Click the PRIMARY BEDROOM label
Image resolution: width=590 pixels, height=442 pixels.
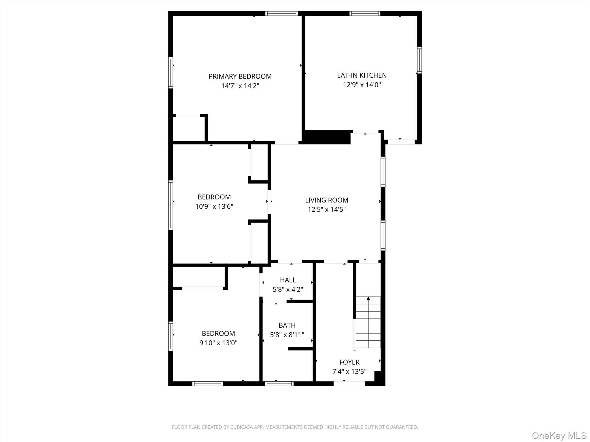[x=240, y=77]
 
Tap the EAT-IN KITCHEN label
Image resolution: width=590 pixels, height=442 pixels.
[x=362, y=75]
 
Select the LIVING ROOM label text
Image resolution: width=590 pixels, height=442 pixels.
[x=326, y=200]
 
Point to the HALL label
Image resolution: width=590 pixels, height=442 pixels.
[x=288, y=280]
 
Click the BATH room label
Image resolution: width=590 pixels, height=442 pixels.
[x=287, y=325]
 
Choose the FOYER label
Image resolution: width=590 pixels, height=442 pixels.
[x=349, y=362]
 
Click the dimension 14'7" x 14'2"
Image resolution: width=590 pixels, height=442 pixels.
[x=240, y=86]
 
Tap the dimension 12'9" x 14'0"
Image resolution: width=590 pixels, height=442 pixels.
[x=362, y=85]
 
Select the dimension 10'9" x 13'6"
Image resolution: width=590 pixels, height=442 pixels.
[x=214, y=207]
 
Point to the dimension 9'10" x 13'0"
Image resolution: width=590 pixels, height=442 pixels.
[x=218, y=343]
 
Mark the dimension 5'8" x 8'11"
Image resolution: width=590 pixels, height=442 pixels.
[x=287, y=335]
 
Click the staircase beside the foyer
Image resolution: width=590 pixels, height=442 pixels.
[x=368, y=322]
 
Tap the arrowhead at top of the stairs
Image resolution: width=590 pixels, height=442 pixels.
[x=368, y=298]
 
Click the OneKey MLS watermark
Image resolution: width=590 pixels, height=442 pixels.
[x=559, y=435]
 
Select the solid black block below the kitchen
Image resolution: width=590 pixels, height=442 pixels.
[x=327, y=137]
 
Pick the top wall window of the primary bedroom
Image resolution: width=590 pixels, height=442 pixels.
[x=281, y=13]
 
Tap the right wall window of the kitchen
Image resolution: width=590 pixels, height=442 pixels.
[x=419, y=60]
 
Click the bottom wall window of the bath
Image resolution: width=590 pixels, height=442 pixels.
[x=279, y=384]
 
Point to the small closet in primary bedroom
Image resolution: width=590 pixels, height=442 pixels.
[x=188, y=129]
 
